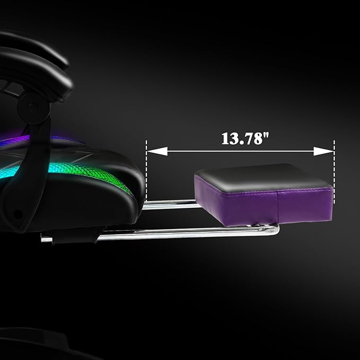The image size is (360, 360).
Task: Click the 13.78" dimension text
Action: point(245,138)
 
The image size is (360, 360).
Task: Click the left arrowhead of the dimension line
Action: point(157,151)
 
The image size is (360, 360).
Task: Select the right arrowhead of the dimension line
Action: point(324,151)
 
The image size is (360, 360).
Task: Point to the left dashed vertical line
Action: point(146,171)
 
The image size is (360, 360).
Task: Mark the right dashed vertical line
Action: point(334,172)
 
